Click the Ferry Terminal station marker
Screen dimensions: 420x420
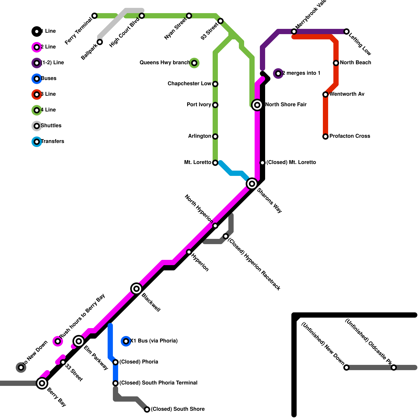94,16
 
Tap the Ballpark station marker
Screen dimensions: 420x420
100,42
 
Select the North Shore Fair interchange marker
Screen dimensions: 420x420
257,105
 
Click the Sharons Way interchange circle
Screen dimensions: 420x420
252,184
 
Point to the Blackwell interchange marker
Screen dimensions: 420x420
136,289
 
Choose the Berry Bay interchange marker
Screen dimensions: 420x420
42,383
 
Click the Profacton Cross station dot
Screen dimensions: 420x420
325,136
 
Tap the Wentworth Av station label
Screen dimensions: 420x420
347,94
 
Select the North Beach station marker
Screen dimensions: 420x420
336,63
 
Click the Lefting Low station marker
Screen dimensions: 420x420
346,31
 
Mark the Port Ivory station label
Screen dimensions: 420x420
199,104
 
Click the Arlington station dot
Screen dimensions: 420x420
215,136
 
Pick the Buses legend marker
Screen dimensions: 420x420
37,79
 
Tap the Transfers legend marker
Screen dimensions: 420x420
37,142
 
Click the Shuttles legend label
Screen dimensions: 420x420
51,125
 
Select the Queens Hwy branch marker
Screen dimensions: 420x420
194,63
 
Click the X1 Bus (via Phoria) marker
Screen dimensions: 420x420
126,341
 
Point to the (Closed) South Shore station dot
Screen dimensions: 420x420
147,409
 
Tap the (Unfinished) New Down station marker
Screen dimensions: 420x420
346,367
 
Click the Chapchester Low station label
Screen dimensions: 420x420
189,83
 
